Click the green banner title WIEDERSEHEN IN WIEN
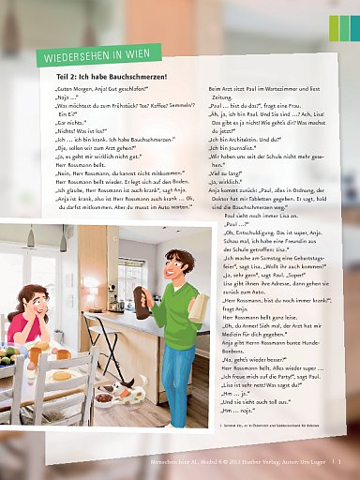point(94,53)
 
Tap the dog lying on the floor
point(119,394)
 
